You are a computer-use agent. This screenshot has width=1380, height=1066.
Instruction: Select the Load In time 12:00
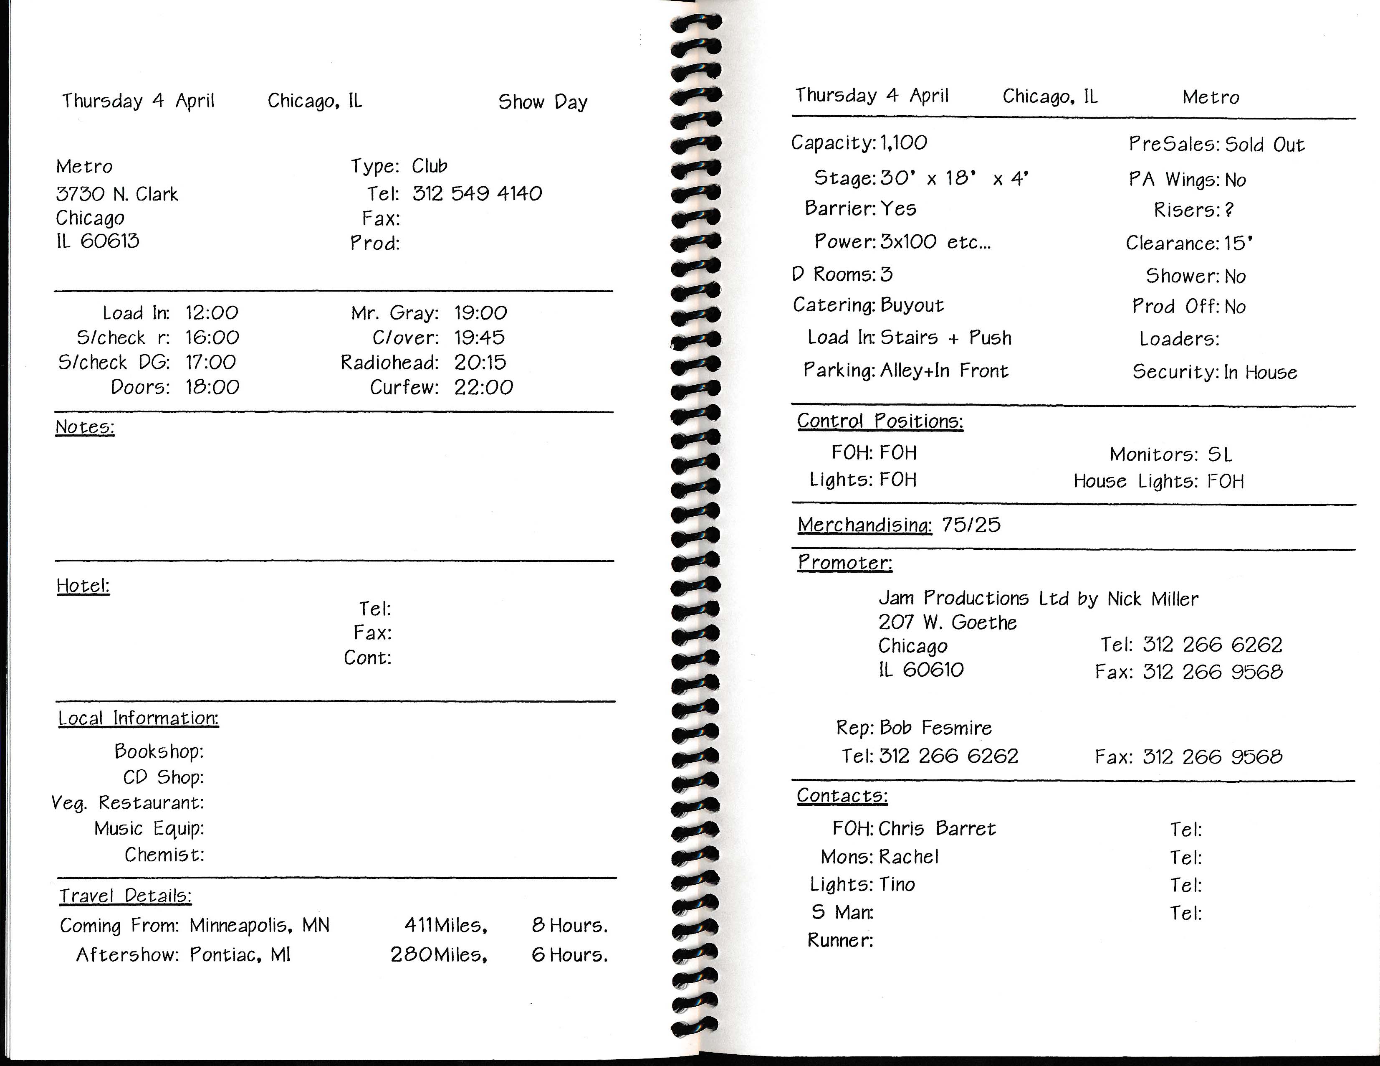tap(212, 312)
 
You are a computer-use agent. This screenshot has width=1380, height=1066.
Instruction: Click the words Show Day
tap(542, 102)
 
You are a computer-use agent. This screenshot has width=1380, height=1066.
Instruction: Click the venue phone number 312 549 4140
tap(477, 193)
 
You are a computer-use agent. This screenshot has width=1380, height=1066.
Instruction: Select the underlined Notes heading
tap(85, 427)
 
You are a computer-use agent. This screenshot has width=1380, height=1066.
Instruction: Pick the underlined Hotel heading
tap(83, 586)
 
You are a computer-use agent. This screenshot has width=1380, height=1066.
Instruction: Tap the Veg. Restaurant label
tap(128, 803)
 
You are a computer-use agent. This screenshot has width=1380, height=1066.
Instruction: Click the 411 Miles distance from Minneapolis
tap(445, 926)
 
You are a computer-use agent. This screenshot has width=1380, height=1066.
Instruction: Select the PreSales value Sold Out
tap(1264, 145)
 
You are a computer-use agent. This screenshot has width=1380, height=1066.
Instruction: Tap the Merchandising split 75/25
tap(971, 525)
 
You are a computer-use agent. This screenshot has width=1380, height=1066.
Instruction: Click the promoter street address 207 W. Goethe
tap(947, 623)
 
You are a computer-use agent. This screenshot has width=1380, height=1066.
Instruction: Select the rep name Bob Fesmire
tap(935, 728)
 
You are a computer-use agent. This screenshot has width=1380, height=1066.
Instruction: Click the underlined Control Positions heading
tap(880, 421)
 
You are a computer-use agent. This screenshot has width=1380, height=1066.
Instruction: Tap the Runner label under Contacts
tap(840, 941)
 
